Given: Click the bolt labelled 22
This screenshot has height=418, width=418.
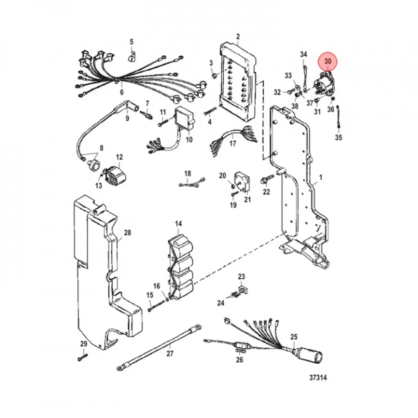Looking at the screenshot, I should pos(265,181).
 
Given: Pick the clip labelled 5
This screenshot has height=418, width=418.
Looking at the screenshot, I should pos(131,58).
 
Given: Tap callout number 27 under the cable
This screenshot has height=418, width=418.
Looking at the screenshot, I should pos(170,354).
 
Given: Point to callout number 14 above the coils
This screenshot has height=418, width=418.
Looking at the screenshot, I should pos(178,223).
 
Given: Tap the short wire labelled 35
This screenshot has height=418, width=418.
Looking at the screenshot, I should pos(338,118).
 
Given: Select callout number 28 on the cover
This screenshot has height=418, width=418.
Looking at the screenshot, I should pos(127,232).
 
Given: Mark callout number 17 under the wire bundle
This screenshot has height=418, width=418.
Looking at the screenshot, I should pos(232,143).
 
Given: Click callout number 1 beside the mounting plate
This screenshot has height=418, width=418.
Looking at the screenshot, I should pos(320,178).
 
